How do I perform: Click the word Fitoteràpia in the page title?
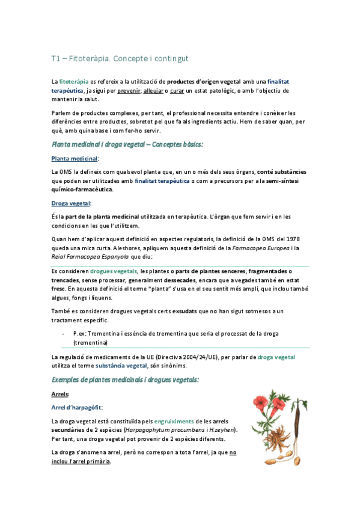(90, 58)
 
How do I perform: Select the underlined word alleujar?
(155, 90)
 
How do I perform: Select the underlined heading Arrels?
(61, 395)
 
